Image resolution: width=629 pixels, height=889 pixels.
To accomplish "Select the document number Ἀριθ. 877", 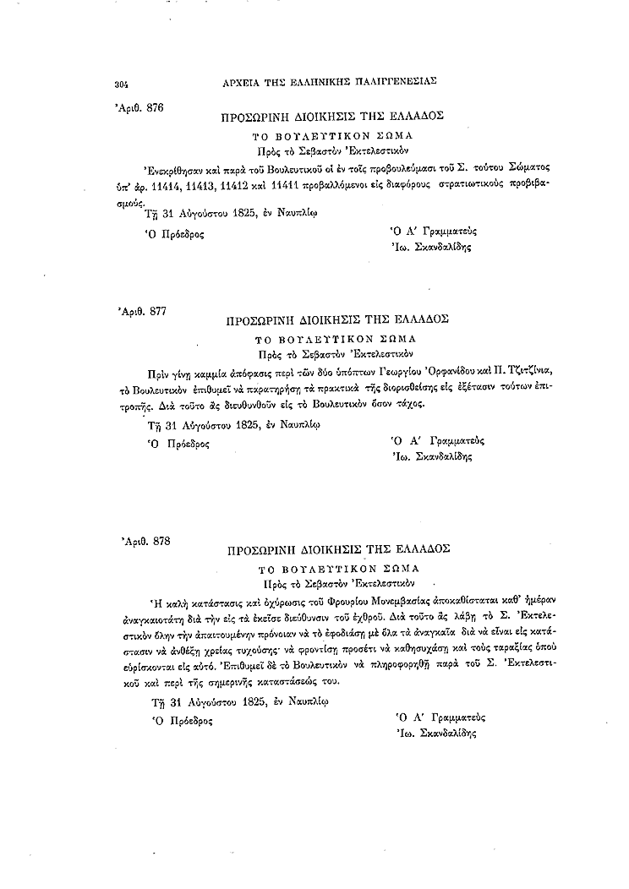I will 144,313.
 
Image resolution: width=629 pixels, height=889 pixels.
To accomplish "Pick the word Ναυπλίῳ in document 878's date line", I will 306,701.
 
